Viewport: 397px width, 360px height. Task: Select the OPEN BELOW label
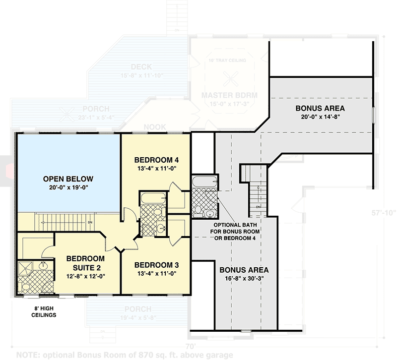68,179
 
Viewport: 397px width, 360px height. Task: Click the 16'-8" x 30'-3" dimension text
244,280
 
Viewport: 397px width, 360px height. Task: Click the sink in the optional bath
209,214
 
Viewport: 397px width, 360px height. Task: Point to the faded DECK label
141,67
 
